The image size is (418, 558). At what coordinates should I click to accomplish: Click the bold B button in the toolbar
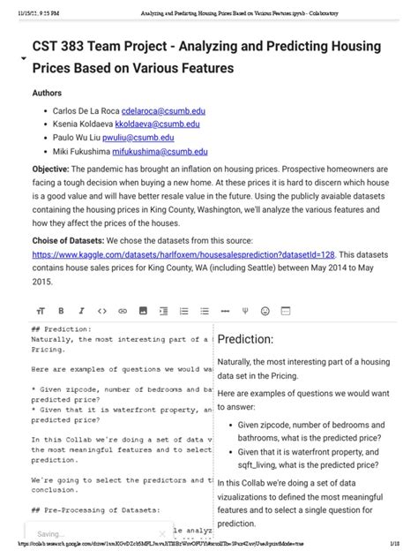[x=61, y=311]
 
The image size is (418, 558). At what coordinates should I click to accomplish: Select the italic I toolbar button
[x=81, y=311]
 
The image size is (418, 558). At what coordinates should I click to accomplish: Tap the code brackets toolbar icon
[x=101, y=311]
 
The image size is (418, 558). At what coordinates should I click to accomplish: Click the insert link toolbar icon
[x=122, y=311]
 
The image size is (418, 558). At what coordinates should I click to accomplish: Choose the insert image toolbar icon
[x=142, y=311]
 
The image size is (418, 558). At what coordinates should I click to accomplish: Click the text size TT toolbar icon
[x=41, y=311]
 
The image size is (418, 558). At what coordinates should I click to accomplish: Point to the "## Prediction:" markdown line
[x=66, y=328]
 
